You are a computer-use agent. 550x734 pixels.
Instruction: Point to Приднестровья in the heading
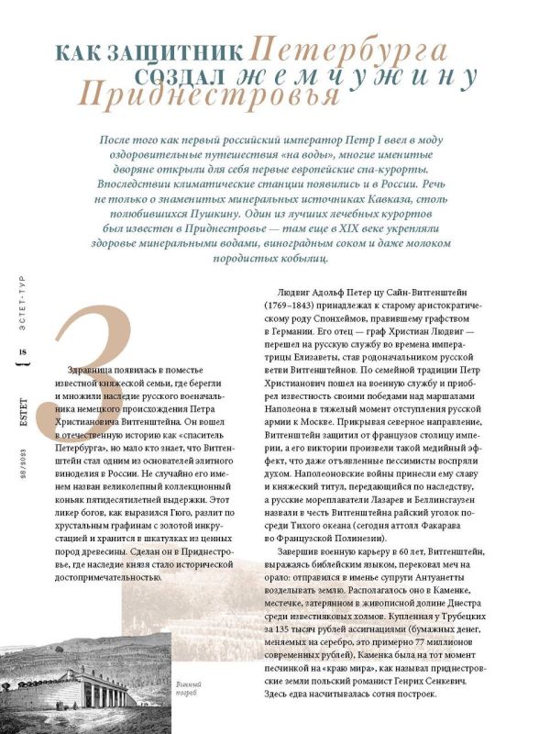click(207, 93)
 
